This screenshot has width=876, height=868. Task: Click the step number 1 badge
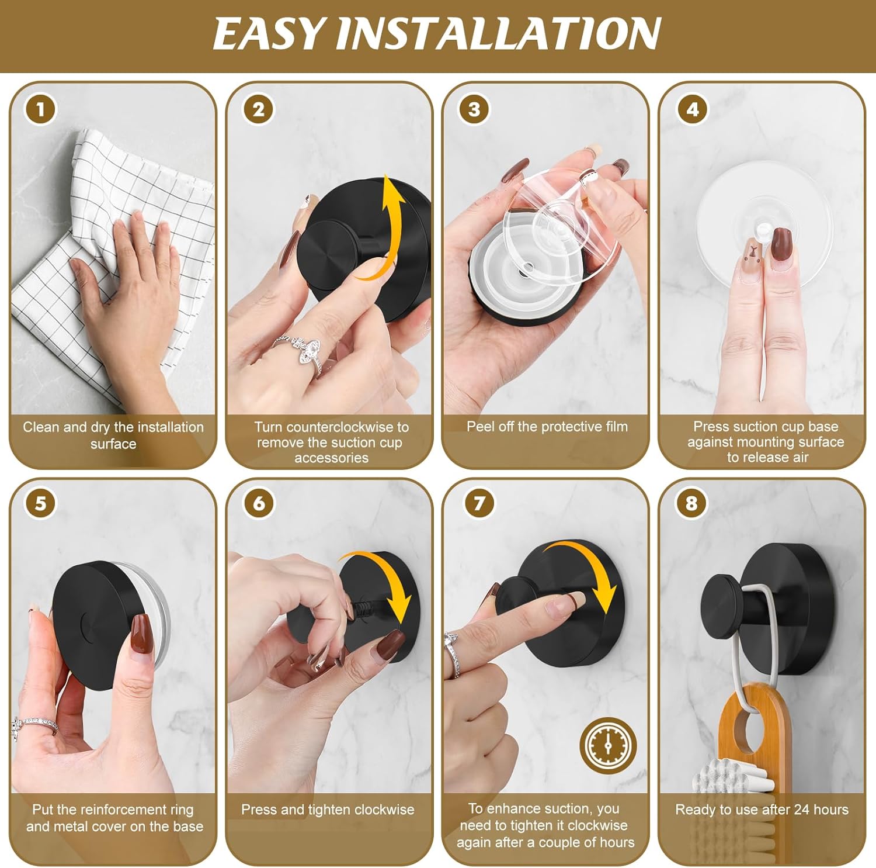(x=40, y=109)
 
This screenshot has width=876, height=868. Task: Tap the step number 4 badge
(x=692, y=109)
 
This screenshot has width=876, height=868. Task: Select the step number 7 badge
(x=479, y=503)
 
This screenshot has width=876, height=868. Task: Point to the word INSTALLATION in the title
(x=498, y=33)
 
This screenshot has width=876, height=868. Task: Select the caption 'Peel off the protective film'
(x=547, y=427)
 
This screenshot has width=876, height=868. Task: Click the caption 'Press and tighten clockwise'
(x=328, y=810)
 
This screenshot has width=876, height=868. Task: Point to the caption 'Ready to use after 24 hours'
(x=762, y=810)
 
